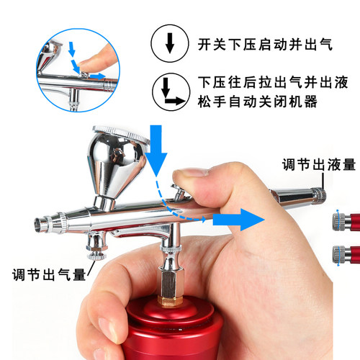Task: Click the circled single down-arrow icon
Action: (170, 43)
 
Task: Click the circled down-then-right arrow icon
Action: (171, 92)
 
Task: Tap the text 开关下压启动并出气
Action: (265, 45)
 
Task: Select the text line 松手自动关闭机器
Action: (258, 102)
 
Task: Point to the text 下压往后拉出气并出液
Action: (273, 82)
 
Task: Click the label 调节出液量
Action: (319, 164)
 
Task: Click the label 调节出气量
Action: (49, 274)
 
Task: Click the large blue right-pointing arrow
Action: (238, 220)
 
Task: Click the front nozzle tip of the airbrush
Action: (40, 225)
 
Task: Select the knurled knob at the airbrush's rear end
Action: (319, 197)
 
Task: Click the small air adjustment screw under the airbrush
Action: (96, 256)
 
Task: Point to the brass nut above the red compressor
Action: (171, 301)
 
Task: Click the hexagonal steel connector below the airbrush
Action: (171, 283)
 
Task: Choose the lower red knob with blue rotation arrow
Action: (346, 255)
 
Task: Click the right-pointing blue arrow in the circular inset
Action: (98, 76)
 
